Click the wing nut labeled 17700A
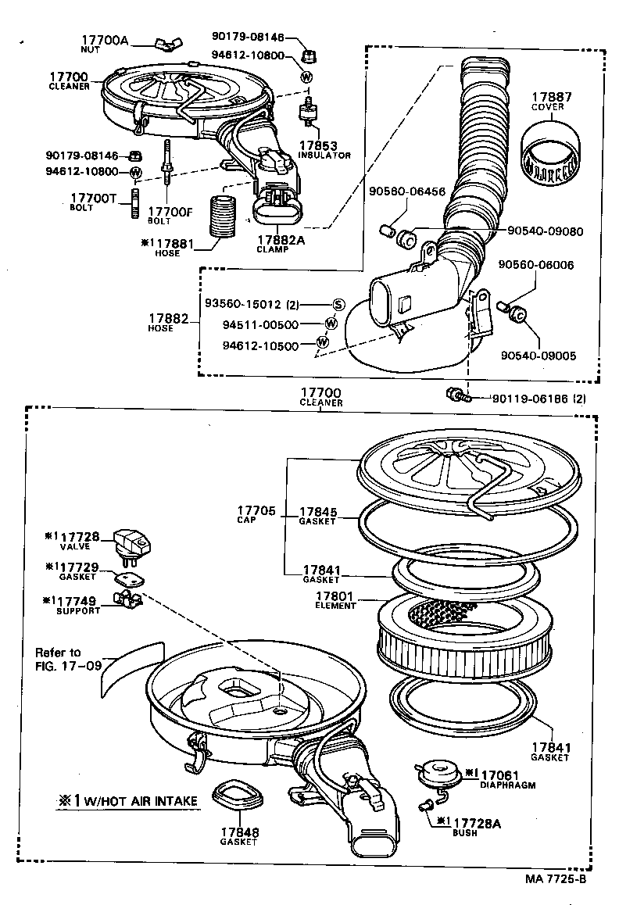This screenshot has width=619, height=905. pyautogui.click(x=168, y=43)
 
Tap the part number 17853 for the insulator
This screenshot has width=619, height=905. pyautogui.click(x=317, y=146)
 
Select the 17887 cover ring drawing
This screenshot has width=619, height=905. pyautogui.click(x=551, y=153)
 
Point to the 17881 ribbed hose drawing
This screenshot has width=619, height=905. pyautogui.click(x=223, y=216)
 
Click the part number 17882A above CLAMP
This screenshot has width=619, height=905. pyautogui.click(x=281, y=240)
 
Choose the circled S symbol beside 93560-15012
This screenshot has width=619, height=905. pyautogui.click(x=338, y=305)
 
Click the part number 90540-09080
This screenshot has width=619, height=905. pyautogui.click(x=546, y=231)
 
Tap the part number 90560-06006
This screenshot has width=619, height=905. pyautogui.click(x=536, y=265)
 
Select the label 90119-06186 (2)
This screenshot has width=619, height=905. pyautogui.click(x=538, y=399)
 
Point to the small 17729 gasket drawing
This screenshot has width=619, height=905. pyautogui.click(x=128, y=579)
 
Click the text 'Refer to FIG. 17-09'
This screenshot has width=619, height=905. pyautogui.click(x=67, y=659)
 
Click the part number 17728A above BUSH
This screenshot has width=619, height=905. pyautogui.click(x=477, y=824)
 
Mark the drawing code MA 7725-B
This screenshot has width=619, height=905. pyautogui.click(x=556, y=879)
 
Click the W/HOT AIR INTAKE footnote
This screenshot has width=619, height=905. pyautogui.click(x=127, y=800)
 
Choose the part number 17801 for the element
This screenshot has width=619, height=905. pyautogui.click(x=335, y=597)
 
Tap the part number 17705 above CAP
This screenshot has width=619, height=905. pyautogui.click(x=256, y=511)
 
